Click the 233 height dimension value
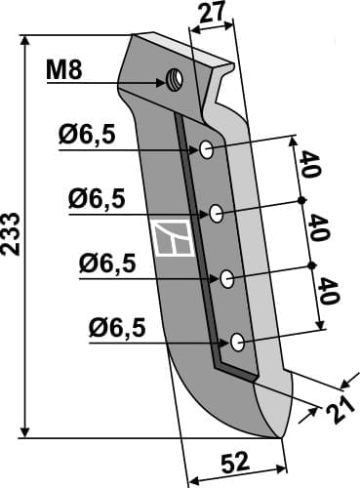[11, 233]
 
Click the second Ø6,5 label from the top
[96, 199]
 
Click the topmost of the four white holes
[208, 149]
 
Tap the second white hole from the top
[218, 213]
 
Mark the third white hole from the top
[226, 277]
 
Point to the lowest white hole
[237, 342]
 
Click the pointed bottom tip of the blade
[280, 437]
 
